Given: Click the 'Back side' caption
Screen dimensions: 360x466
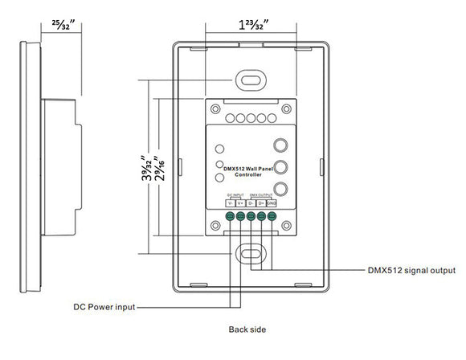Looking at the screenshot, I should point(247,329).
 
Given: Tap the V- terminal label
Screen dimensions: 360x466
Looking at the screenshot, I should point(230,203).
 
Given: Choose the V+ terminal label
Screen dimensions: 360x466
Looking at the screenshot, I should point(240,203).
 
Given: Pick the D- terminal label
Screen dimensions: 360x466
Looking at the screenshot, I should point(251,203).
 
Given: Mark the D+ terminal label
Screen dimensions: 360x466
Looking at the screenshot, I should point(262,203).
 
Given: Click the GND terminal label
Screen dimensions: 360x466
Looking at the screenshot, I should point(272,203).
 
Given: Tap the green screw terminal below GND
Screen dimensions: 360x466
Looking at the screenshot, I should point(272,215).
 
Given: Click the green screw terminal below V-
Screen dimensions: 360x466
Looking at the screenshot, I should point(230,215).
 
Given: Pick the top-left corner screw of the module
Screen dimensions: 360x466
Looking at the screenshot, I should point(216,108).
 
